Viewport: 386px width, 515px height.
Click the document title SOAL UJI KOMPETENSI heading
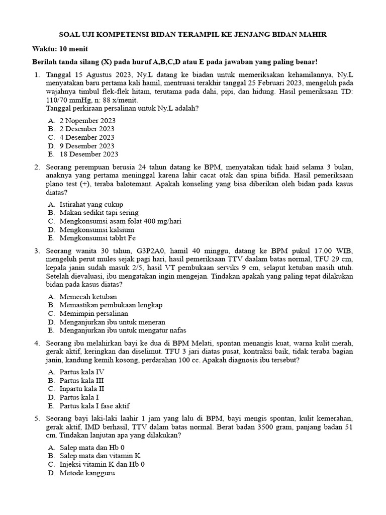point(193,35)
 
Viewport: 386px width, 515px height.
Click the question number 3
point(37,251)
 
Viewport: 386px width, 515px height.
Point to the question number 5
point(37,418)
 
